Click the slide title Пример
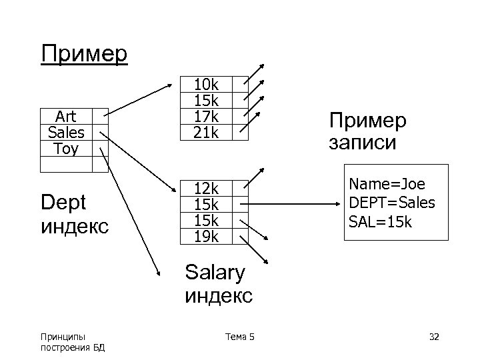point(84,53)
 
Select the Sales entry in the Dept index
point(65,131)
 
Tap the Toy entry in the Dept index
point(65,148)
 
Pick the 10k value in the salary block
point(206,85)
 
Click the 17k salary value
point(206,117)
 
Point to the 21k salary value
point(206,133)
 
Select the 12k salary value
point(206,188)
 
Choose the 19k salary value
point(206,236)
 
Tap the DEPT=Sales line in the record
point(392,202)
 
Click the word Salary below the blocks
point(215,272)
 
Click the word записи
point(363,143)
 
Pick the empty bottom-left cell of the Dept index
point(65,164)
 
